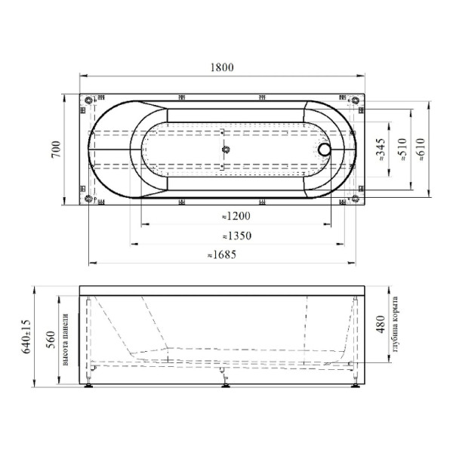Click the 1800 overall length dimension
[x=221, y=67]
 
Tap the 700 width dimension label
[x=56, y=149]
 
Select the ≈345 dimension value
[x=381, y=149]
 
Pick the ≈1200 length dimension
[x=236, y=216]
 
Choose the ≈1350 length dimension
[x=237, y=236]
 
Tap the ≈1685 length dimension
[x=221, y=255]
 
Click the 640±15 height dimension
[x=26, y=337]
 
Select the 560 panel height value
[x=51, y=340]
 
